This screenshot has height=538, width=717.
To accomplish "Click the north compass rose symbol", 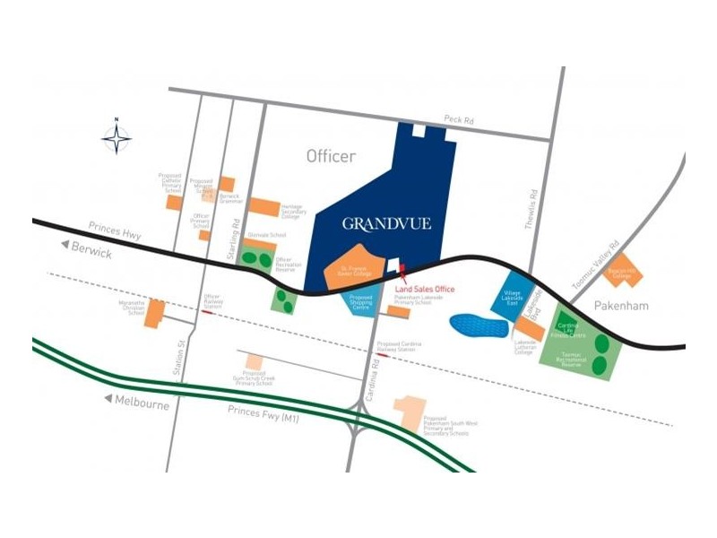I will pyautogui.click(x=117, y=138).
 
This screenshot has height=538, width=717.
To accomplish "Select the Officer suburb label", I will pyautogui.click(x=331, y=157).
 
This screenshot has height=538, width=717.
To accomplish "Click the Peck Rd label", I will pyautogui.click(x=458, y=119).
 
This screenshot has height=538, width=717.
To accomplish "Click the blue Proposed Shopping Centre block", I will pyautogui.click(x=362, y=303).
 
